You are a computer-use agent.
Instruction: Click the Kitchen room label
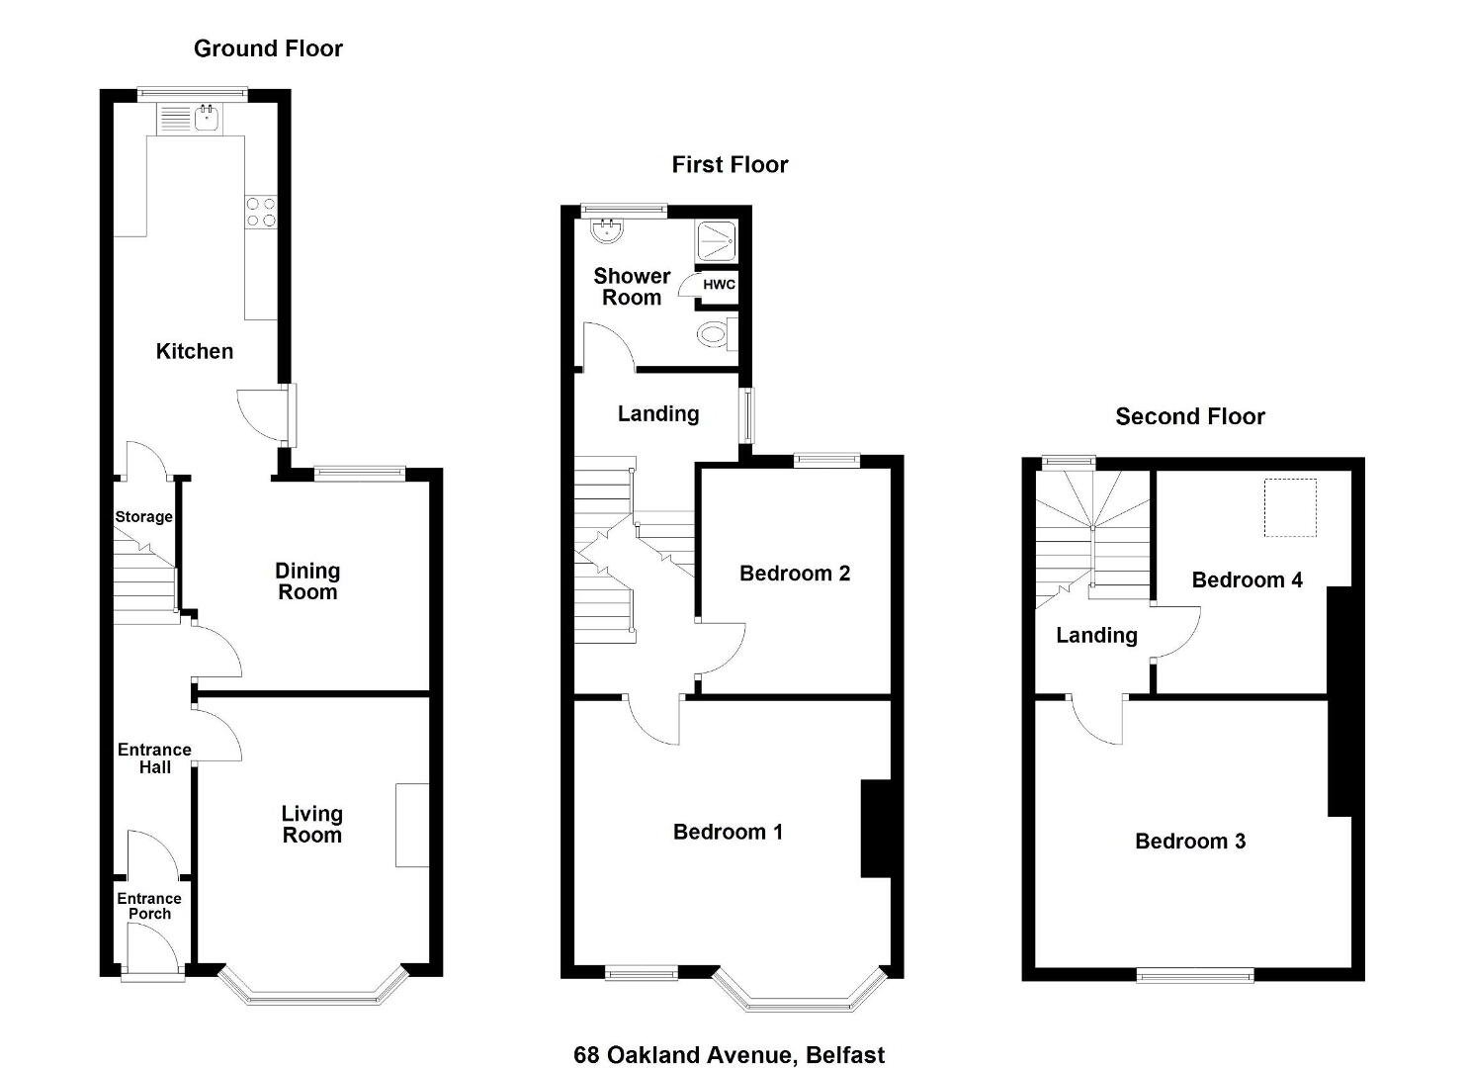pyautogui.click(x=195, y=351)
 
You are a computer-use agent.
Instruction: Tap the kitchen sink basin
pyautogui.click(x=208, y=118)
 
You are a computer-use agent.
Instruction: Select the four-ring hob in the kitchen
pyautogui.click(x=261, y=213)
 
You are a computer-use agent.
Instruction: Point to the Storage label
pyautogui.click(x=143, y=516)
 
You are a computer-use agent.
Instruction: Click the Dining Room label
pyautogui.click(x=307, y=581)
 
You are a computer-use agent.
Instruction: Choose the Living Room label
pyautogui.click(x=311, y=825)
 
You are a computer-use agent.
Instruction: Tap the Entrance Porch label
pyautogui.click(x=149, y=906)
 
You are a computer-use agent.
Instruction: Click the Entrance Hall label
pyautogui.click(x=154, y=758)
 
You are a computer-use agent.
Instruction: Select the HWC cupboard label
pyautogui.click(x=719, y=285)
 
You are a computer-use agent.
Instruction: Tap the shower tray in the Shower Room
pyautogui.click(x=717, y=240)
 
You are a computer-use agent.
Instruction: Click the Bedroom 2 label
pyautogui.click(x=795, y=574)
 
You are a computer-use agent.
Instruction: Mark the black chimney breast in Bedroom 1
pyautogui.click(x=876, y=828)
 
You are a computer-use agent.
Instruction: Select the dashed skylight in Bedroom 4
pyautogui.click(x=1290, y=507)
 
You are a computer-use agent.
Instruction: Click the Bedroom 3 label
pyautogui.click(x=1190, y=841)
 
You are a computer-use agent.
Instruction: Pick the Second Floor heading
pyautogui.click(x=1190, y=416)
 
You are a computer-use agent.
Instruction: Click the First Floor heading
pyautogui.click(x=730, y=164)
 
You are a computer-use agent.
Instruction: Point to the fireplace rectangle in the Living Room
pyautogui.click(x=412, y=826)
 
